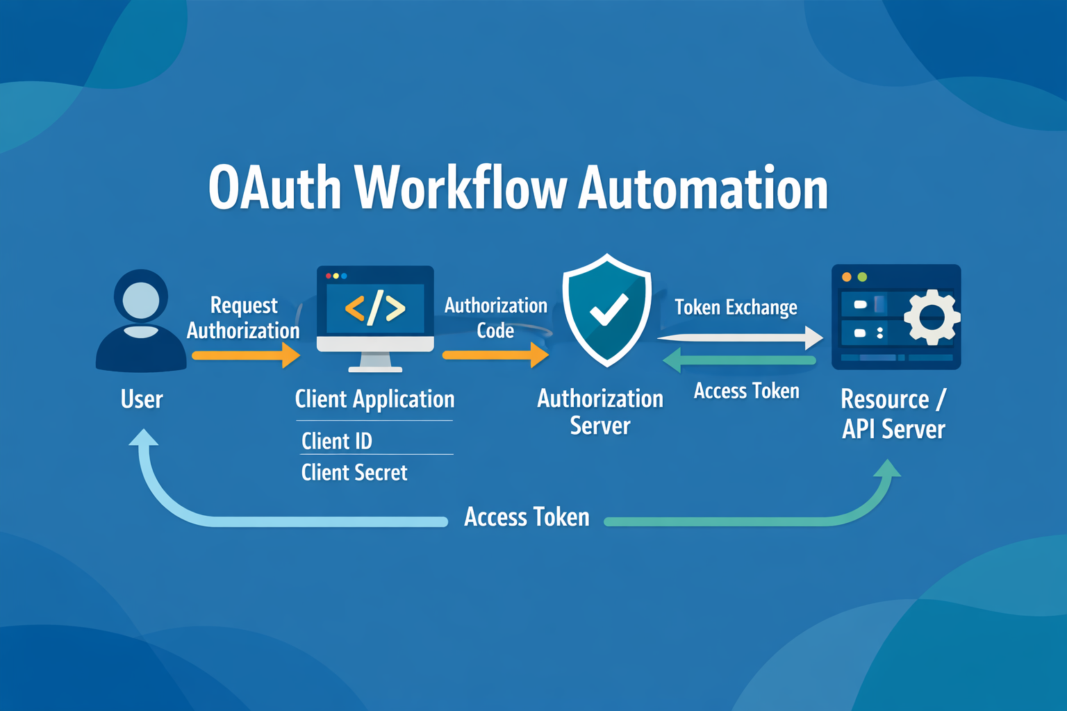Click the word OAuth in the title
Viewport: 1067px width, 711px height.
275,189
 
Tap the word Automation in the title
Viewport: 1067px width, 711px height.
703,189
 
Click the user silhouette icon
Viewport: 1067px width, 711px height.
141,320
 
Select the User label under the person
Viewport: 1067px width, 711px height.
142,399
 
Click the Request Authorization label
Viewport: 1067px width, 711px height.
243,318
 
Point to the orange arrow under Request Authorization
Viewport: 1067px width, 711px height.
246,355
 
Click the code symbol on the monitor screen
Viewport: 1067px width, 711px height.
375,308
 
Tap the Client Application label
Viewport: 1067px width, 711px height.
374,399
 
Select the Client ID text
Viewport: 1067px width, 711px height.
337,441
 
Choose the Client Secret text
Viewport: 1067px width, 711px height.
354,473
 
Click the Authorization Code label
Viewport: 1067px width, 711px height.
496,318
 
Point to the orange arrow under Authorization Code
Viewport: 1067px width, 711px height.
495,355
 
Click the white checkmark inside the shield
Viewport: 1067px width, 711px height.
609,310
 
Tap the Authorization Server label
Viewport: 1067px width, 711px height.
600,412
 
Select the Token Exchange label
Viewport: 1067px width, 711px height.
736,307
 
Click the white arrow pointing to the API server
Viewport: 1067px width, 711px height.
740,337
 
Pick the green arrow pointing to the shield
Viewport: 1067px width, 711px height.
739,360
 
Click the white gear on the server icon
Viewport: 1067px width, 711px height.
932,317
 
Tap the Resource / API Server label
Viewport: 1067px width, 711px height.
893,414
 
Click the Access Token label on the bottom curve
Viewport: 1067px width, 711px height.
527,517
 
